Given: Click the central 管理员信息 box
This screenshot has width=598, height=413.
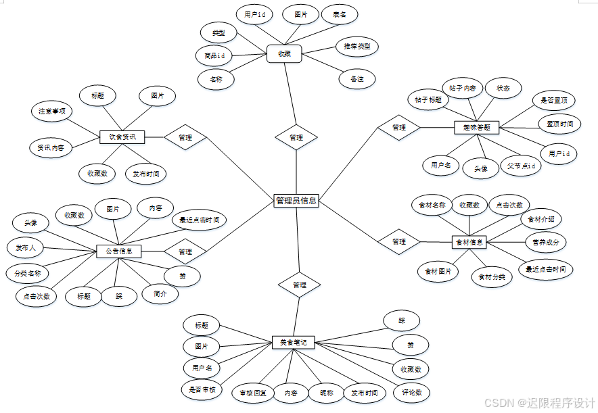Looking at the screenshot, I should [x=296, y=201].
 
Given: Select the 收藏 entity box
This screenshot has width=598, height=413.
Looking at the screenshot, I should [x=284, y=53].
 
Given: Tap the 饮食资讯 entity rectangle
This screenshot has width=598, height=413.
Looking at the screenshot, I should [x=122, y=137].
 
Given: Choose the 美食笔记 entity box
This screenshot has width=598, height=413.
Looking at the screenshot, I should [x=294, y=343].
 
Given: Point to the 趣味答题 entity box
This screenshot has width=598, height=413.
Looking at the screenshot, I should [x=476, y=126].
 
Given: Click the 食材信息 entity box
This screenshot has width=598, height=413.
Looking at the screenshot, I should [x=469, y=241].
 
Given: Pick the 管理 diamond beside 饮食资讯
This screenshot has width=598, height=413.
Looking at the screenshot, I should [x=185, y=137].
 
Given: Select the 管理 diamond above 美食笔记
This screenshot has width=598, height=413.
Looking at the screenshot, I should [x=299, y=285].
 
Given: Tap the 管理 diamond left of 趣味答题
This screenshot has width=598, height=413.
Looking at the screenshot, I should [x=399, y=127].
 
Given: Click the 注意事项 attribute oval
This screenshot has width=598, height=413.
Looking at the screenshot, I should [x=52, y=111].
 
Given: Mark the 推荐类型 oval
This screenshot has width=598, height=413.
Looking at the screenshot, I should [x=356, y=47].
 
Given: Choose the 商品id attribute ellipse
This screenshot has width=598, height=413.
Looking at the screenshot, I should [x=210, y=55].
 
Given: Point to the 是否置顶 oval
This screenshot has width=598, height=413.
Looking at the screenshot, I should [x=553, y=101].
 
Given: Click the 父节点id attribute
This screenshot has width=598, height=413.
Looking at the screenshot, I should [x=520, y=166].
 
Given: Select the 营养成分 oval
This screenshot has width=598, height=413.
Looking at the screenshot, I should [x=546, y=241].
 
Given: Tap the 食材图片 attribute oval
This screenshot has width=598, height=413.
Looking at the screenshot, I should [x=438, y=272].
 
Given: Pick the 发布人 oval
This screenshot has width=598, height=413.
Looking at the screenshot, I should [x=26, y=248].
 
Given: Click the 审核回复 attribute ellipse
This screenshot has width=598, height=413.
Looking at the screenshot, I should [x=253, y=392].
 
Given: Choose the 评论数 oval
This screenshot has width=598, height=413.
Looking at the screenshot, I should [x=411, y=392].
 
